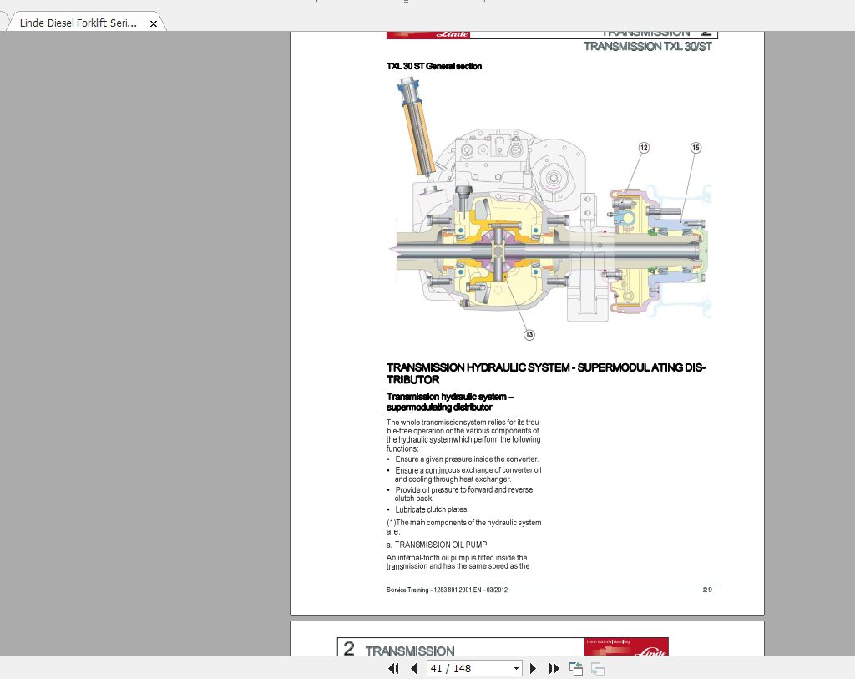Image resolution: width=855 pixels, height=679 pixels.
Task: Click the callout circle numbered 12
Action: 644,148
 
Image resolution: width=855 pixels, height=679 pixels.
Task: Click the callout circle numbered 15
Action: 696,148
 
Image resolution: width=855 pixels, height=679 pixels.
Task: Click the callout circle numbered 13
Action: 529,334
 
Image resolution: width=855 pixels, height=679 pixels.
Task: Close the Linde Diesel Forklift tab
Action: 153,24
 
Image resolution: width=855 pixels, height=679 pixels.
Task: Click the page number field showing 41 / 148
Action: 468,668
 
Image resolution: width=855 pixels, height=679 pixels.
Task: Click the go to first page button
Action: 394,668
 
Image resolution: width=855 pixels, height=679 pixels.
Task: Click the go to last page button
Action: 554,668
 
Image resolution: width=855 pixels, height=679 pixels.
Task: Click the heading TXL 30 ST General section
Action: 433,66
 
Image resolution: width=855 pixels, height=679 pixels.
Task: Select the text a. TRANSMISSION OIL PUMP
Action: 436,545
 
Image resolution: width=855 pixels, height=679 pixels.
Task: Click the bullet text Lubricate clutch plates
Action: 432,509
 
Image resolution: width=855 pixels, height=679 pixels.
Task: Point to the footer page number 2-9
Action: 707,590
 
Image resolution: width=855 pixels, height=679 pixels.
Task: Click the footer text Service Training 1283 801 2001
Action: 447,590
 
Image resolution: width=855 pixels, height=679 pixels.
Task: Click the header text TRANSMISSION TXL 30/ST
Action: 647,47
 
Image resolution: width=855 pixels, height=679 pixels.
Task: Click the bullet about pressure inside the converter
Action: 466,459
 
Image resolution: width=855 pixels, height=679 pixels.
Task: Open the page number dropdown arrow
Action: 516,668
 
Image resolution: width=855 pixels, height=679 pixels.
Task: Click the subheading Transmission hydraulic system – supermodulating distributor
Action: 454,402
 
